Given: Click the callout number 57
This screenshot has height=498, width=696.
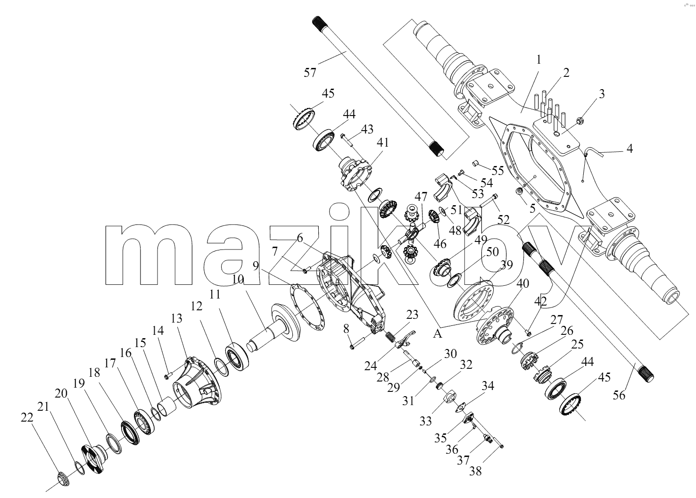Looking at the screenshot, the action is [x=310, y=73].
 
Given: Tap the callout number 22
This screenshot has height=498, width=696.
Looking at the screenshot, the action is [x=27, y=417].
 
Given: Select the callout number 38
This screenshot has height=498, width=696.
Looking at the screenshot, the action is [x=475, y=471].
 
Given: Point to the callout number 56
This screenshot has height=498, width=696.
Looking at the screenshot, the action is [x=619, y=396].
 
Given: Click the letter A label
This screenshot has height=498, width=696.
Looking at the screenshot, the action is [x=438, y=334].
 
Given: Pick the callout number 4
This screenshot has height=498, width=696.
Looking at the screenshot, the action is [x=630, y=149].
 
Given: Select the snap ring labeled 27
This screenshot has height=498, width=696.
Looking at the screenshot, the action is [x=517, y=348].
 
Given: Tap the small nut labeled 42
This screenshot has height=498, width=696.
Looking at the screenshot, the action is [x=527, y=333].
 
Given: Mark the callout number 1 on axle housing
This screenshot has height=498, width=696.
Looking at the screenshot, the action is [x=539, y=59].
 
